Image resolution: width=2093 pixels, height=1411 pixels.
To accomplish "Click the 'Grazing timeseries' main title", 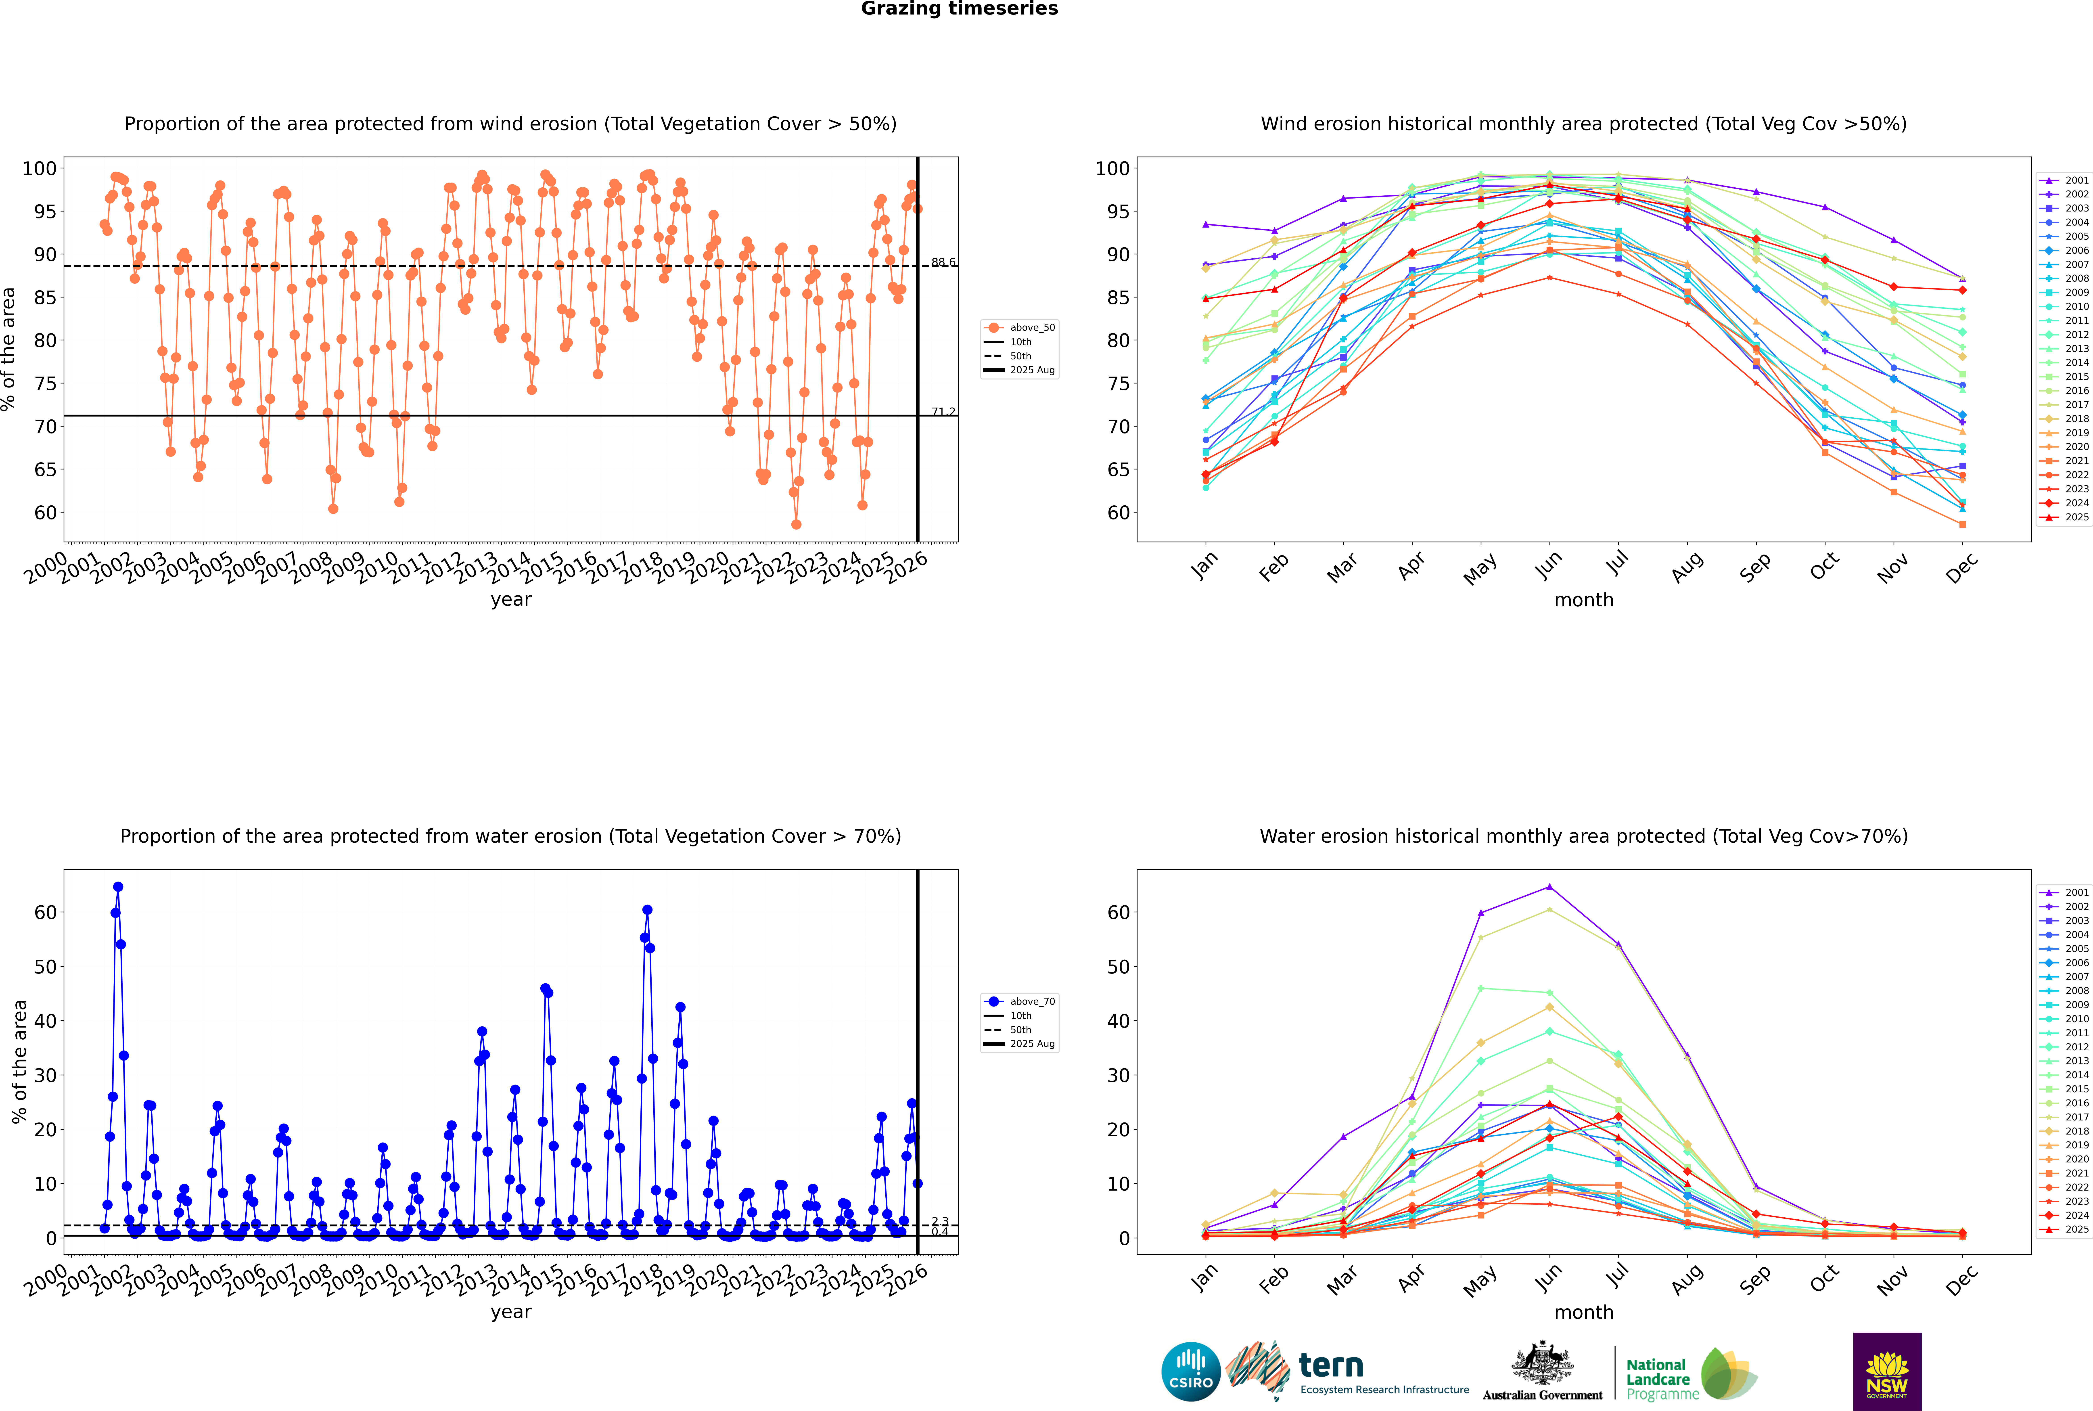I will pos(959,9).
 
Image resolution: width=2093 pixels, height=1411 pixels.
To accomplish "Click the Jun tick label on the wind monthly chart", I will pos(1548,565).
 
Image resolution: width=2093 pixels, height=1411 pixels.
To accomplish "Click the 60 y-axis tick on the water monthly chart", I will pos(1119,913).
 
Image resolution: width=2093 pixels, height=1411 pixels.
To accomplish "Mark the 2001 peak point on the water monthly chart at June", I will pos(1549,887).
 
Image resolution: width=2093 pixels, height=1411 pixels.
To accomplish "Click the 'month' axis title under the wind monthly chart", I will pos(1584,600).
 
